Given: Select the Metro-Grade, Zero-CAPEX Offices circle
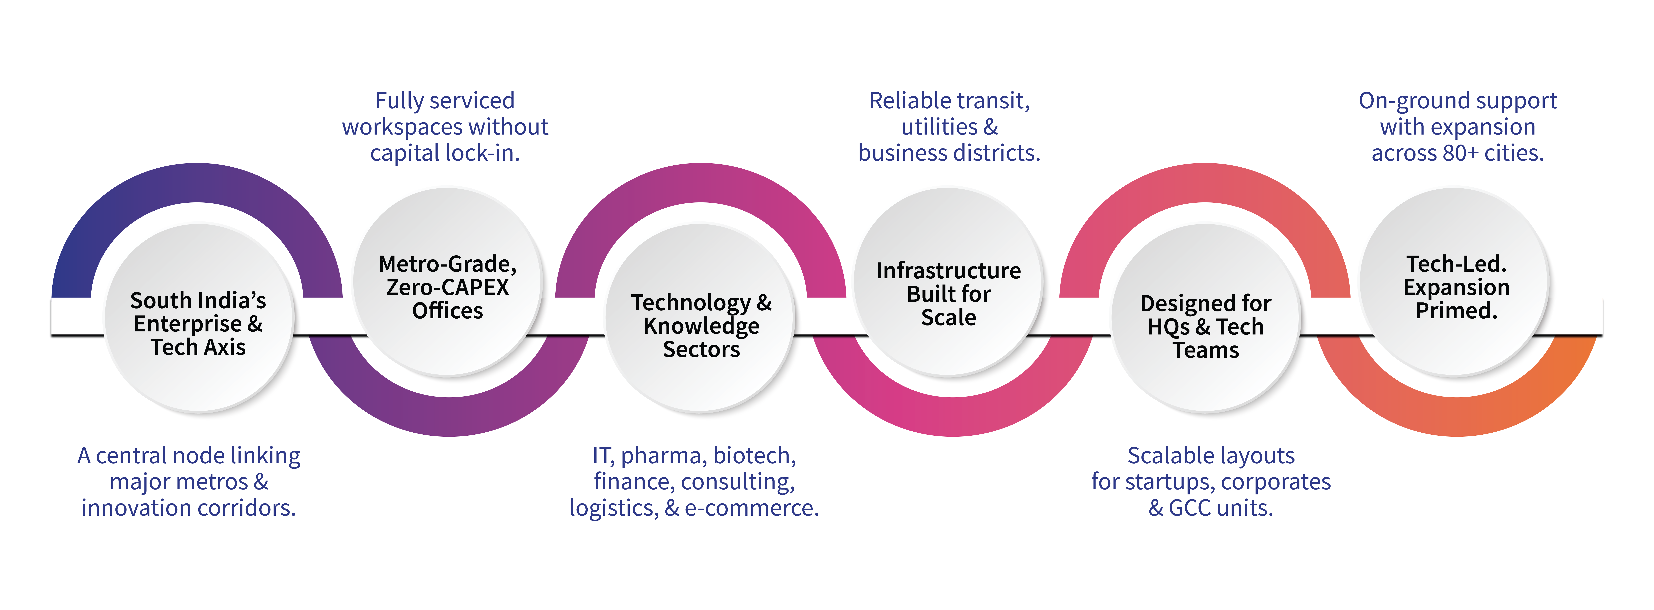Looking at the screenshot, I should pyautogui.click(x=448, y=282).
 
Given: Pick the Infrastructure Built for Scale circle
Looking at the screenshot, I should pyautogui.click(x=948, y=282).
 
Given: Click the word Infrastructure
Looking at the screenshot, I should pyautogui.click(x=948, y=271).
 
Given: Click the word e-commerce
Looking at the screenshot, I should pyautogui.click(x=751, y=508).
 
